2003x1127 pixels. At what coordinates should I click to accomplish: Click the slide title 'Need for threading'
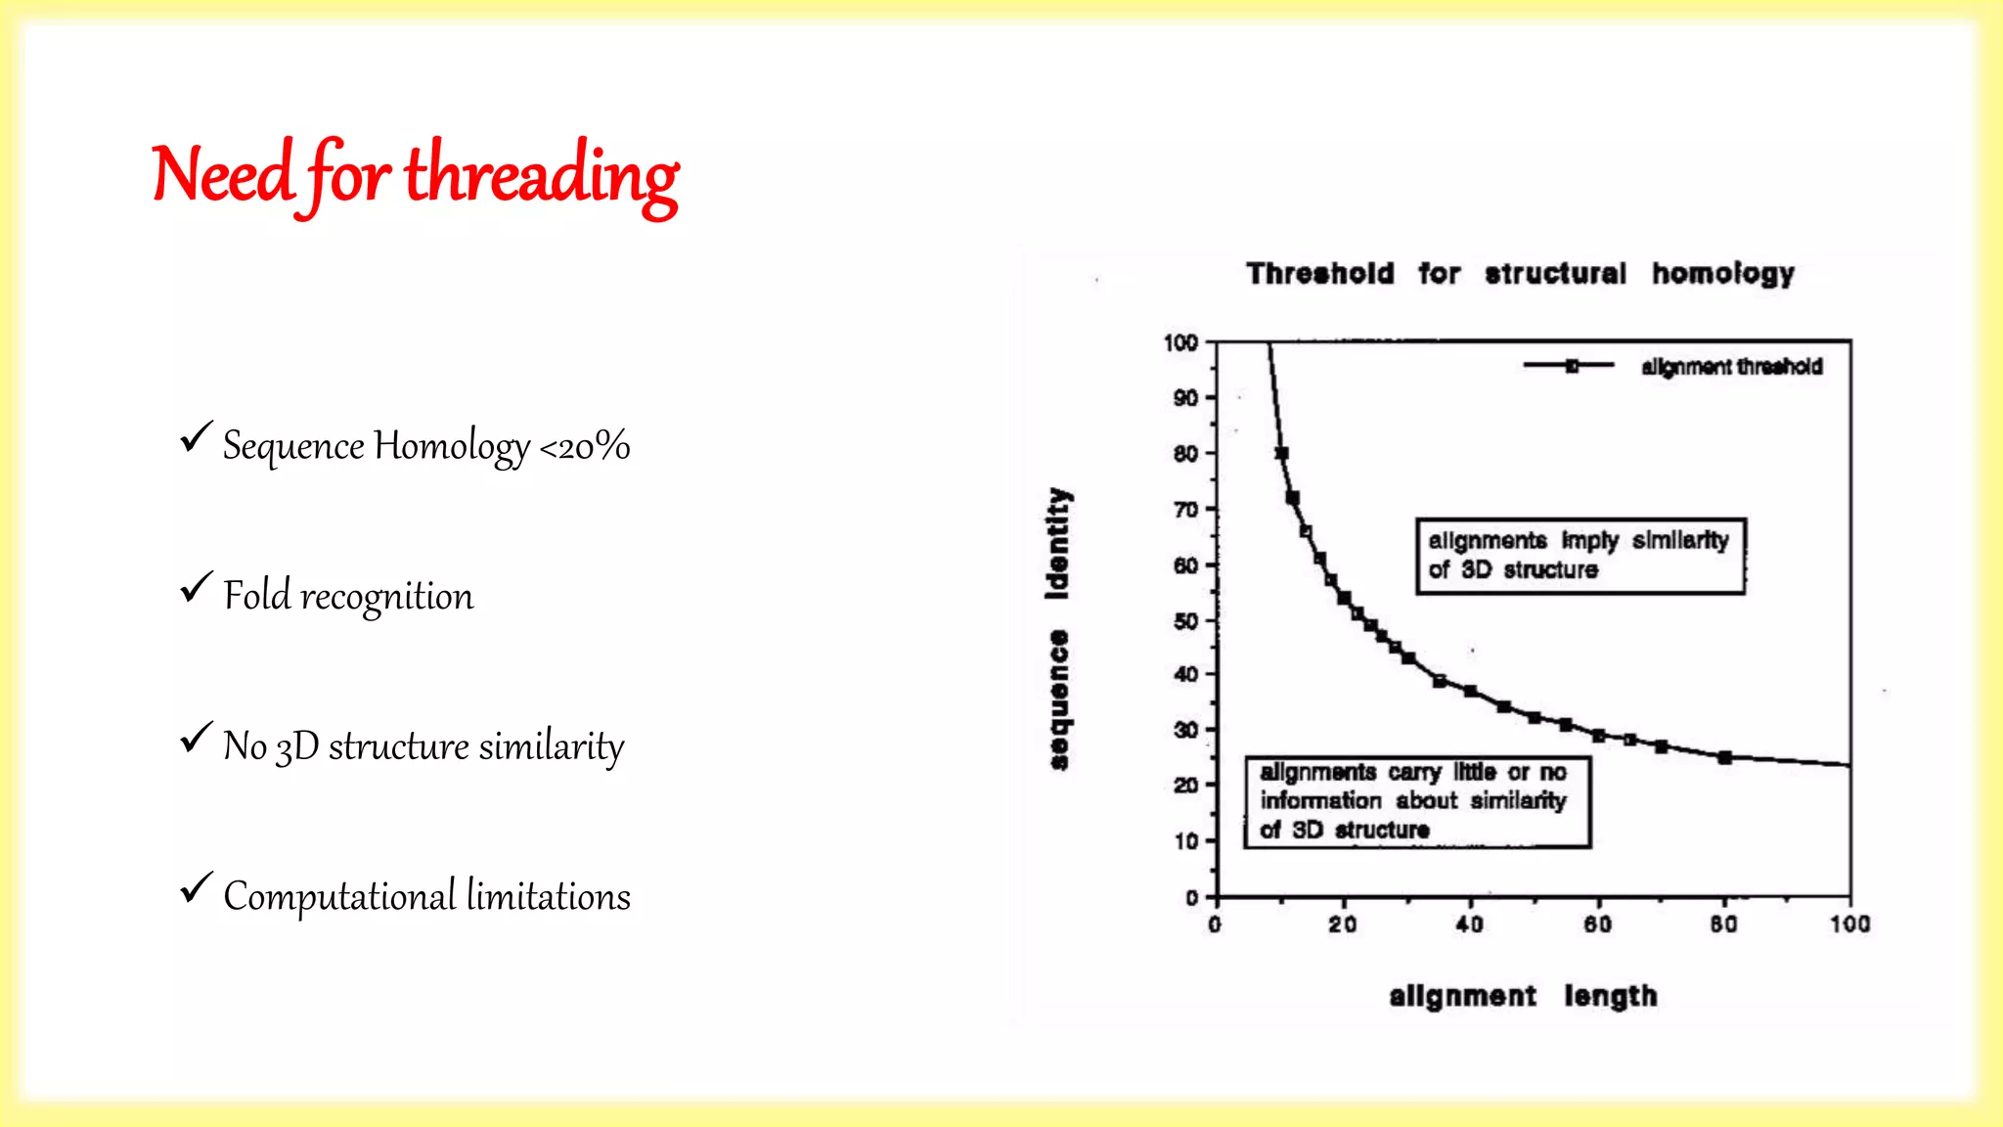(415, 176)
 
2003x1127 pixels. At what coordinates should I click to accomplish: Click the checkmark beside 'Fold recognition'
(196, 587)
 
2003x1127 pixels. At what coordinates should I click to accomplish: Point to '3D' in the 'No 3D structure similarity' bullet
(297, 747)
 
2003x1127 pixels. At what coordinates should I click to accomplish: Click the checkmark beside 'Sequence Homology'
(196, 436)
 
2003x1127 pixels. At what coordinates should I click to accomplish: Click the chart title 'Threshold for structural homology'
(1520, 273)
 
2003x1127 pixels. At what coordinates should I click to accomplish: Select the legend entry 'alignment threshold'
(1731, 367)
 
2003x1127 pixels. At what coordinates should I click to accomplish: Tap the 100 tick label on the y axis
(1180, 342)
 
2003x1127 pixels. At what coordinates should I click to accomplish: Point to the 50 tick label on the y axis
(1185, 621)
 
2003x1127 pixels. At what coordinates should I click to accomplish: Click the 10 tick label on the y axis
(1185, 841)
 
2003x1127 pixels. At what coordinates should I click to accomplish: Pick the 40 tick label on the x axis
(1469, 924)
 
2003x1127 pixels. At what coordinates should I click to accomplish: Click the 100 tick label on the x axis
(1849, 924)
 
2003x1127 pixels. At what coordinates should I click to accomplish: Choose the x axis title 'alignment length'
(1523, 996)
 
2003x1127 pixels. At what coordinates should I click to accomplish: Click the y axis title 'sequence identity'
(1058, 628)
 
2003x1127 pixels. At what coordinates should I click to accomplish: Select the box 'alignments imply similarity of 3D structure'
(1580, 556)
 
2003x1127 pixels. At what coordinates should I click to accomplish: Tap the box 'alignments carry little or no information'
(1416, 801)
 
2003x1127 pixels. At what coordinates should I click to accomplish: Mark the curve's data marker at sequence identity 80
(1281, 453)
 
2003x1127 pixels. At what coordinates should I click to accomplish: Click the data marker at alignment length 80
(1724, 757)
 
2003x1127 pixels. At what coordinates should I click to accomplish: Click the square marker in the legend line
(1572, 366)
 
